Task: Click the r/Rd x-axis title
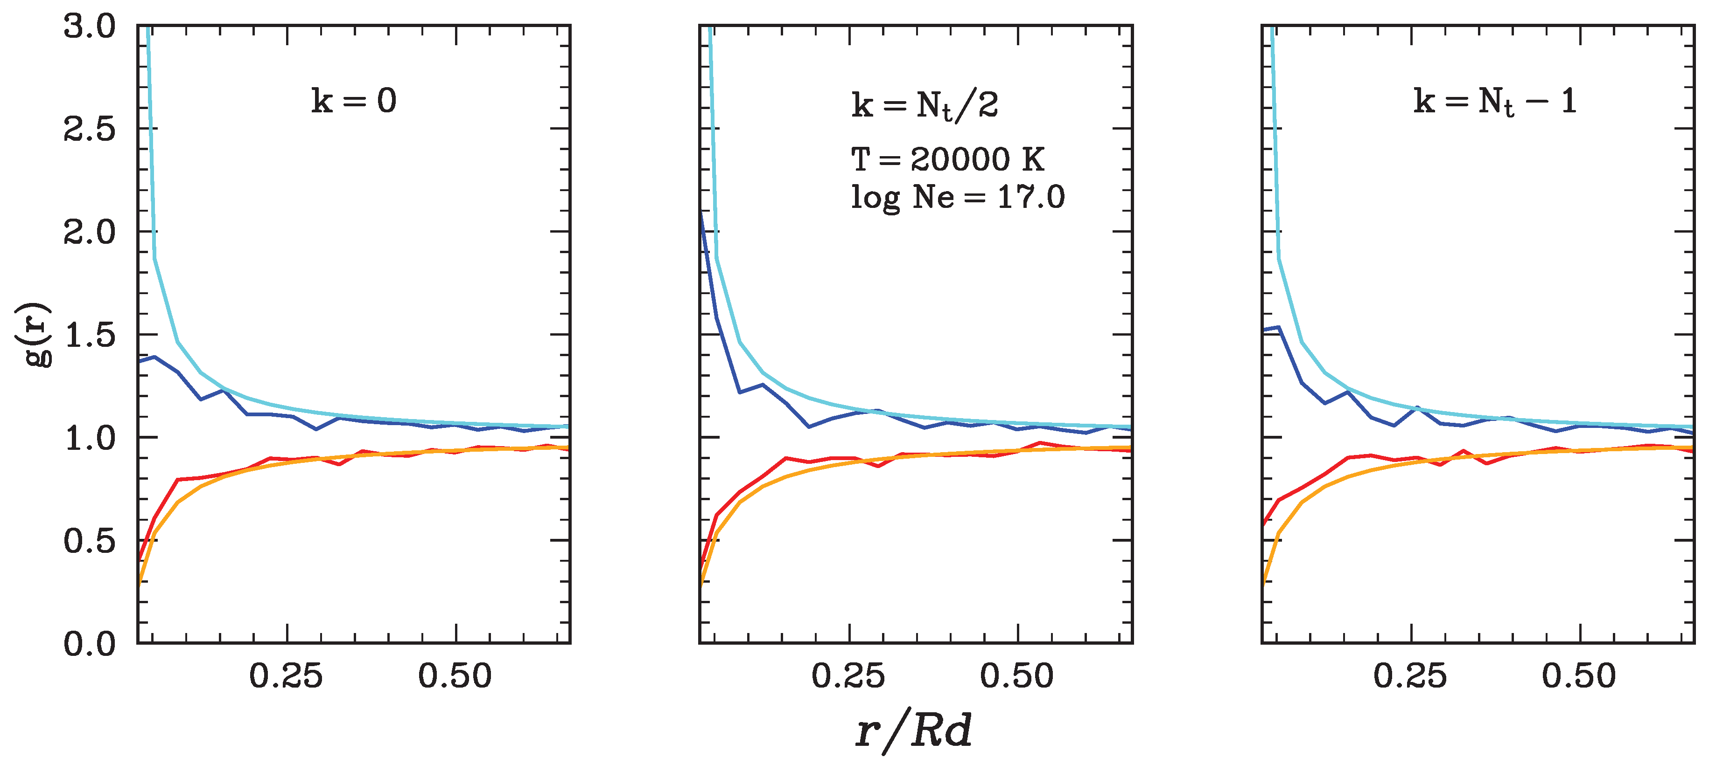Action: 914,731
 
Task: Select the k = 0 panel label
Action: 354,101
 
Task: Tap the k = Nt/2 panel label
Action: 925,105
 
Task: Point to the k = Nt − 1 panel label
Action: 1495,102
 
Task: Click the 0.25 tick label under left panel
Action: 286,676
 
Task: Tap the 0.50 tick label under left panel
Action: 455,676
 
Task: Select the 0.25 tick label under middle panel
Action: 848,676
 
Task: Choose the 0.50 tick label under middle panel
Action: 1017,676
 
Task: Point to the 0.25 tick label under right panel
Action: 1410,676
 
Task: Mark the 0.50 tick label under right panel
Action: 1579,676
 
